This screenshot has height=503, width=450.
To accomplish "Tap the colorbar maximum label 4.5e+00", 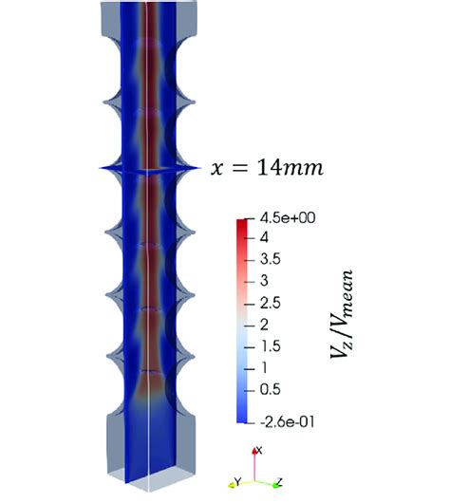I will pyautogui.click(x=283, y=217).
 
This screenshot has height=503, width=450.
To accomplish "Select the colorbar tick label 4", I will pyautogui.click(x=263, y=236).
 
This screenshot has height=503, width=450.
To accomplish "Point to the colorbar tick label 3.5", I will pyautogui.click(x=270, y=257).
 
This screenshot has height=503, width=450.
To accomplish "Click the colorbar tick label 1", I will pyautogui.click(x=263, y=366).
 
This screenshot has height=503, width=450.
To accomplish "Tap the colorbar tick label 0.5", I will pyautogui.click(x=270, y=388).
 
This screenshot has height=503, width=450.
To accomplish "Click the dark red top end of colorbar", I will pyautogui.click(x=243, y=222).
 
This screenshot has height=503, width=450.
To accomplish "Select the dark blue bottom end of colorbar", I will pyautogui.click(x=243, y=416).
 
